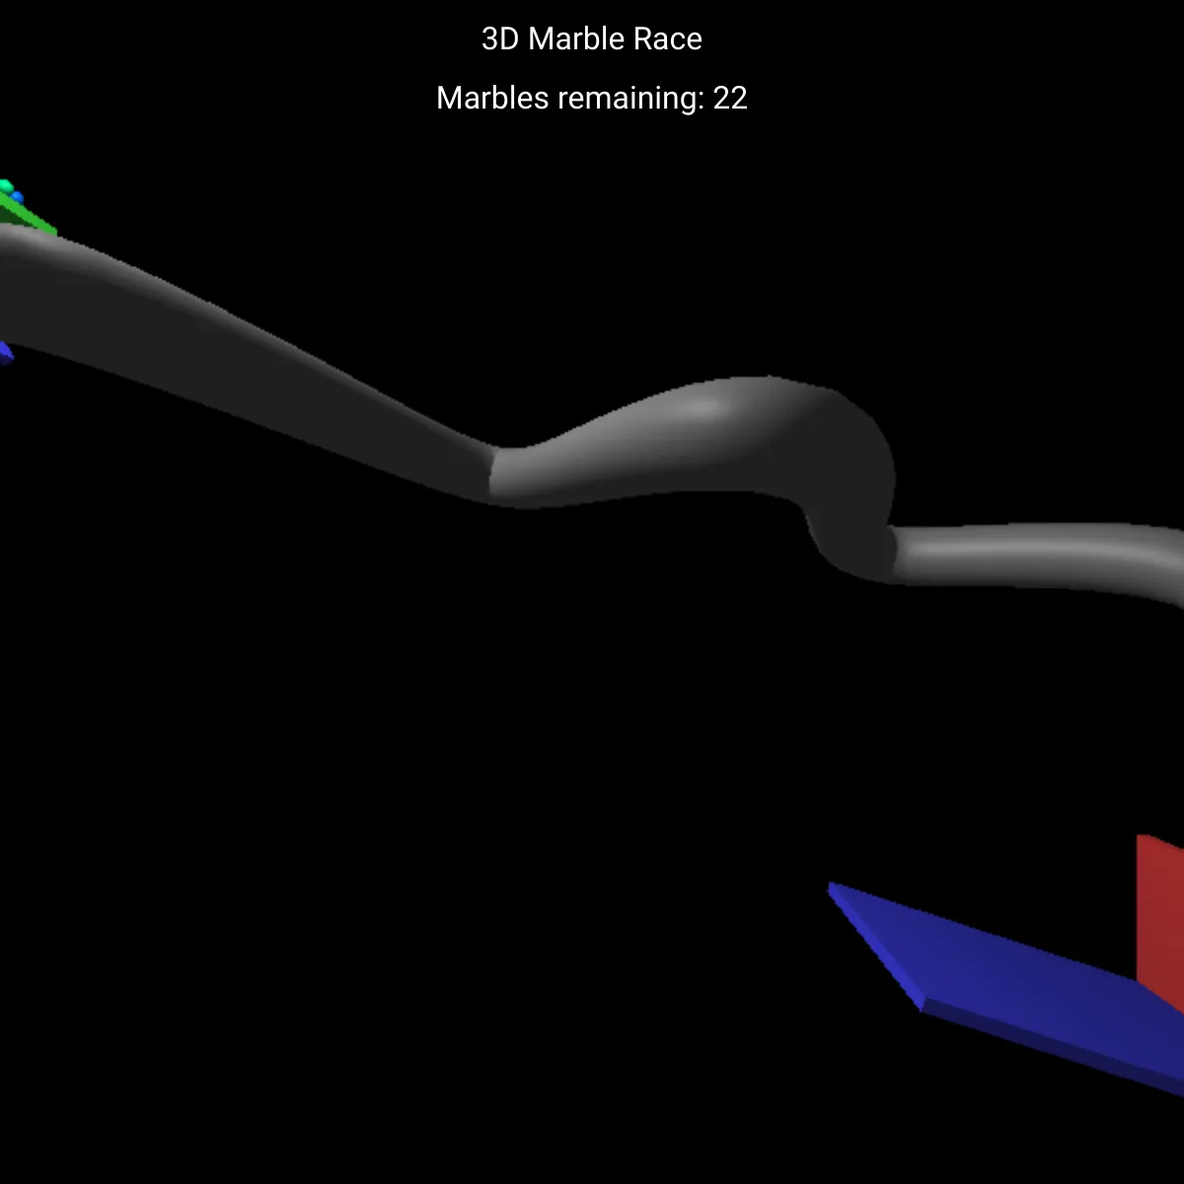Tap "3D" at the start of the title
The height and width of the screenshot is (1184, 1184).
tap(501, 38)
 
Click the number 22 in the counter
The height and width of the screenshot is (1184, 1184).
tap(730, 99)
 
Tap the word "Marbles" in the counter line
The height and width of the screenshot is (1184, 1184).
tap(492, 99)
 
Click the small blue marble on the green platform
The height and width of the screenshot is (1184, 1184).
tap(17, 198)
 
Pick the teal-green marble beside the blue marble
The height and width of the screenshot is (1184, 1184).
tap(6, 186)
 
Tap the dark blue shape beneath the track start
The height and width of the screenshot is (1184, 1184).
tap(5, 352)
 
